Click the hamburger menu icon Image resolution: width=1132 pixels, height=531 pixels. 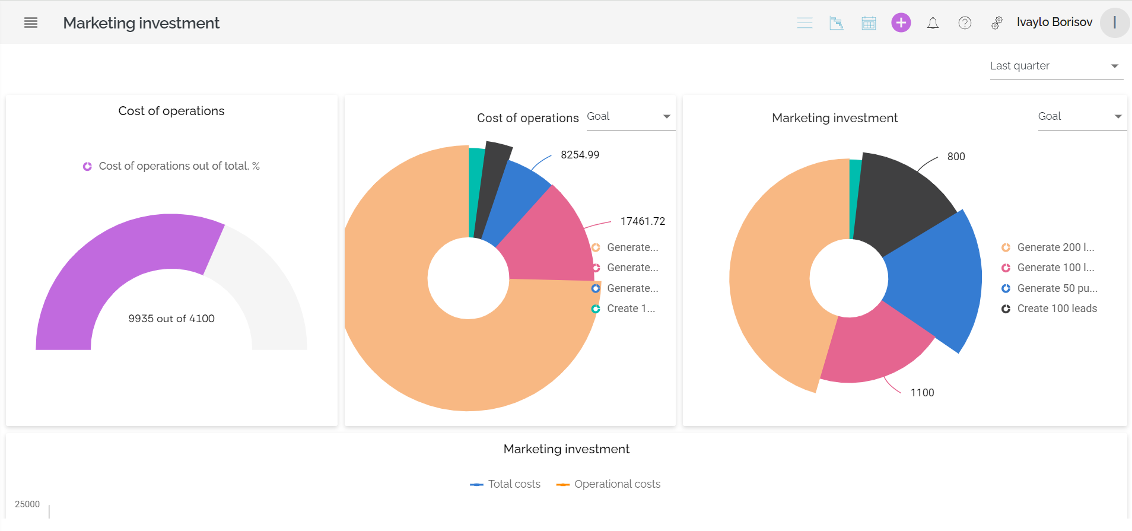[31, 23]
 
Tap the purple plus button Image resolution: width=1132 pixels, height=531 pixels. [901, 23]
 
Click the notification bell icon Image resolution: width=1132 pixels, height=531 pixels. [933, 23]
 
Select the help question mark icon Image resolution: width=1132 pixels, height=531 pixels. [965, 23]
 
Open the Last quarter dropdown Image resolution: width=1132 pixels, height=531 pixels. [1055, 66]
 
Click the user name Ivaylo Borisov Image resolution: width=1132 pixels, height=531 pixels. [1054, 22]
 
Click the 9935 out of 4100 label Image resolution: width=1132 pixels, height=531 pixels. [171, 319]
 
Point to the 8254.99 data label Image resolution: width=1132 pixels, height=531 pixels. [580, 155]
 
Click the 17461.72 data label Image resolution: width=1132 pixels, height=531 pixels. [643, 221]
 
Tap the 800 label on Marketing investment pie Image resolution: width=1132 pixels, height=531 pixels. [956, 157]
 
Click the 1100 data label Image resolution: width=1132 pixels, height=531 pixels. [922, 393]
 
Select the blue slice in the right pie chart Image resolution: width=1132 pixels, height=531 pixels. [937, 279]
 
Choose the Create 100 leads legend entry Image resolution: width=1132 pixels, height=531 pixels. [1056, 309]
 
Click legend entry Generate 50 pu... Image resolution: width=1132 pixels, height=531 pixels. [1056, 288]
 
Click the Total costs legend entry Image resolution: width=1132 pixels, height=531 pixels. [513, 484]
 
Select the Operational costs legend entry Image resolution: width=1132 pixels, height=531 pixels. [616, 484]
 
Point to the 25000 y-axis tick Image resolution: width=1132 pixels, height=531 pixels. [27, 504]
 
